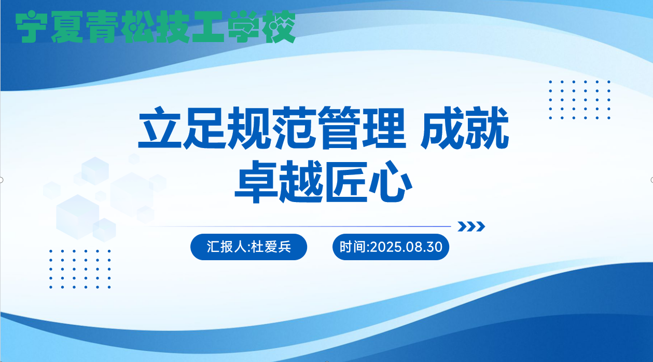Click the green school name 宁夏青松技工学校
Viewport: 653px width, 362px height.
tap(156, 27)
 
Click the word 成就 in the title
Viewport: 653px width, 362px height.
tap(465, 128)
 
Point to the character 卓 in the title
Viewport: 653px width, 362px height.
tap(256, 182)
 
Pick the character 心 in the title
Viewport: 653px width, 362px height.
tap(391, 182)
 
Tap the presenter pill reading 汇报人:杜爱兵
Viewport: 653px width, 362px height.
tap(248, 247)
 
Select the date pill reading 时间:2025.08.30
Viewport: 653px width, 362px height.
tap(391, 247)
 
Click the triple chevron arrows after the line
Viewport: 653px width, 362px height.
tap(471, 226)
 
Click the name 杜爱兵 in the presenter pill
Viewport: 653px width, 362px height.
tap(271, 247)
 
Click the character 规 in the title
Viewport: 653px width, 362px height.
tap(249, 128)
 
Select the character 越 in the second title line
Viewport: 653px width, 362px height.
tap(301, 182)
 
